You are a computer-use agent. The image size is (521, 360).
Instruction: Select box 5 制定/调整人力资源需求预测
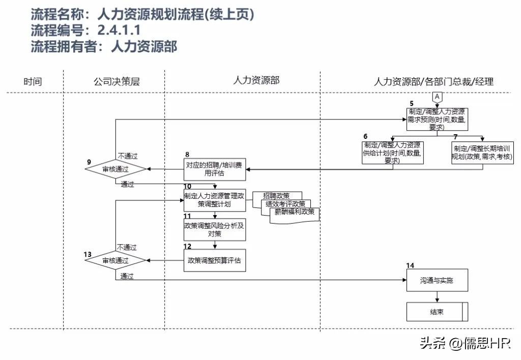tap(437, 119)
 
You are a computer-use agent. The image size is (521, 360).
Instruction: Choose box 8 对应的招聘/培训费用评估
tap(215, 169)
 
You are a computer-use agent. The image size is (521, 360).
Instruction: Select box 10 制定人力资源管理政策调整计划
tap(214, 200)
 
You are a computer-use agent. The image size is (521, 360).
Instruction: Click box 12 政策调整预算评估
tap(214, 260)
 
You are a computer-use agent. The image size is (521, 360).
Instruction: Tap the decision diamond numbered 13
tap(115, 260)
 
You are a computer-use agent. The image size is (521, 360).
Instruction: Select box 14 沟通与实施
tap(437, 280)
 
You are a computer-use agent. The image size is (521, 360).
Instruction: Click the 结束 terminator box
tap(437, 312)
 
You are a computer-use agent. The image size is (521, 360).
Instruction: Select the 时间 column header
tap(33, 81)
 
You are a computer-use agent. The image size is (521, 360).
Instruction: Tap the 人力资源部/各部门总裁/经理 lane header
tap(433, 81)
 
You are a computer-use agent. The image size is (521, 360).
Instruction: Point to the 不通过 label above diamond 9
tap(128, 156)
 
